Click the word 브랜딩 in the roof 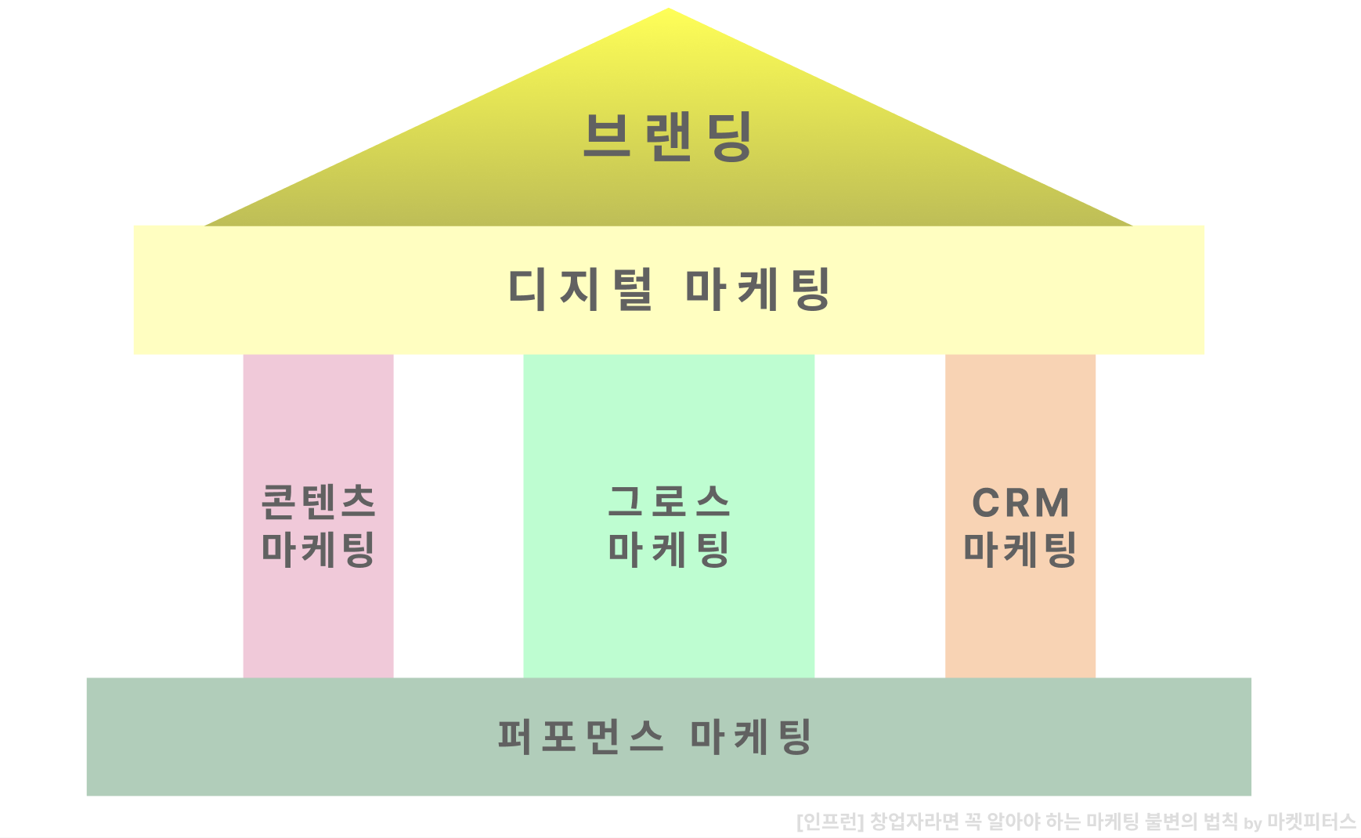tap(668, 136)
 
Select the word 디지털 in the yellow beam tap(579, 289)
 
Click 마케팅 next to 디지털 tap(757, 289)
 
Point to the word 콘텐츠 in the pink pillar tap(318, 502)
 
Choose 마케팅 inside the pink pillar tap(318, 549)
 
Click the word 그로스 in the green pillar tap(669, 502)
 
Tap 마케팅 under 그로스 tap(669, 549)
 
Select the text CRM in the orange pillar tap(1020, 503)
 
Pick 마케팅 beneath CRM tap(1020, 549)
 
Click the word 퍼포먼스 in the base tap(581, 736)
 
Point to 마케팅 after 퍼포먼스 tap(750, 736)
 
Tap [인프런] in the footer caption tap(829, 822)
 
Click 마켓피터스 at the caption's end tap(1311, 822)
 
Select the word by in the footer tap(1252, 823)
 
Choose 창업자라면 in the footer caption tap(914, 822)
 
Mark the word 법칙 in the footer tap(1220, 822)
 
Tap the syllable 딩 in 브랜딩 tap(729, 136)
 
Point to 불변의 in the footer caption tap(1171, 822)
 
